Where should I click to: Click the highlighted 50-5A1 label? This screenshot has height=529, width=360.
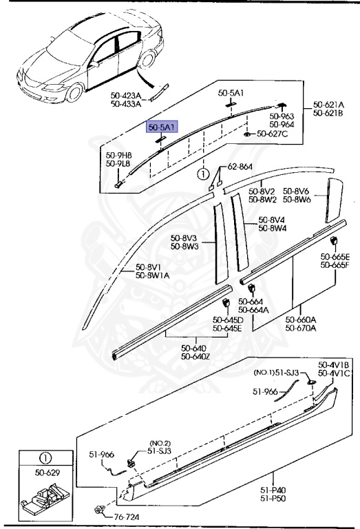point(160,126)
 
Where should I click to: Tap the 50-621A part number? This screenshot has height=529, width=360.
point(328,105)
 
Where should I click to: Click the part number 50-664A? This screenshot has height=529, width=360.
point(254,309)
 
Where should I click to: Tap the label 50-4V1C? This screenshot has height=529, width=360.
point(335,373)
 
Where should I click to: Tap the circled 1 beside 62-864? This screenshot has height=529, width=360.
point(203,174)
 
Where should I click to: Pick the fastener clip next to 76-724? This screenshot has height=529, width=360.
point(98,511)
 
